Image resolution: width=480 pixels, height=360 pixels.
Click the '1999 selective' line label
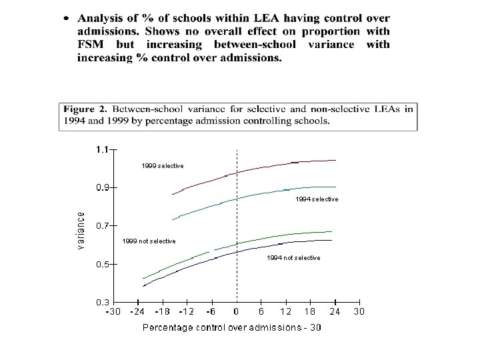[x=162, y=165]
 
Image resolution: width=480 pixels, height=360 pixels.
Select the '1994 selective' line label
[x=317, y=199]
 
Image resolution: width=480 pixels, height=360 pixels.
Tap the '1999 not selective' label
[x=149, y=241]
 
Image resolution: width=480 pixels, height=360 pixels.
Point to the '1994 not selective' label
[x=293, y=258]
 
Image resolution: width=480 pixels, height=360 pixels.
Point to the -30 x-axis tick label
[x=113, y=312]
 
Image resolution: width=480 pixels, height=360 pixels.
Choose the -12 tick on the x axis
[x=186, y=312]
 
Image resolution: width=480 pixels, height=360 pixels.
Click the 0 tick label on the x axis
[x=236, y=312]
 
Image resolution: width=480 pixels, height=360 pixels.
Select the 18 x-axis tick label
[x=310, y=312]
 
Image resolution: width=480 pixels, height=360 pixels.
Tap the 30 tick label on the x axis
[x=359, y=312]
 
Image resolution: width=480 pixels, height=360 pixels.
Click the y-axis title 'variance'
[x=81, y=231]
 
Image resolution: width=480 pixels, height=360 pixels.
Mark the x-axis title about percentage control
[x=231, y=327]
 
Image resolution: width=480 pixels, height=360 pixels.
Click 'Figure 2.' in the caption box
[x=85, y=109]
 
